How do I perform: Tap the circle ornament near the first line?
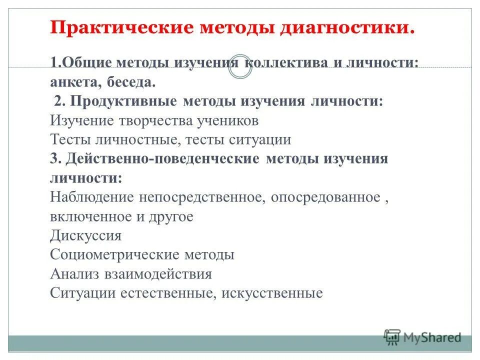[x=240, y=67]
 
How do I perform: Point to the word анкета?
[x=73, y=82]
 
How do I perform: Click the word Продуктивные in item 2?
[x=123, y=101]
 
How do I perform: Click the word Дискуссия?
[x=85, y=235]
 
